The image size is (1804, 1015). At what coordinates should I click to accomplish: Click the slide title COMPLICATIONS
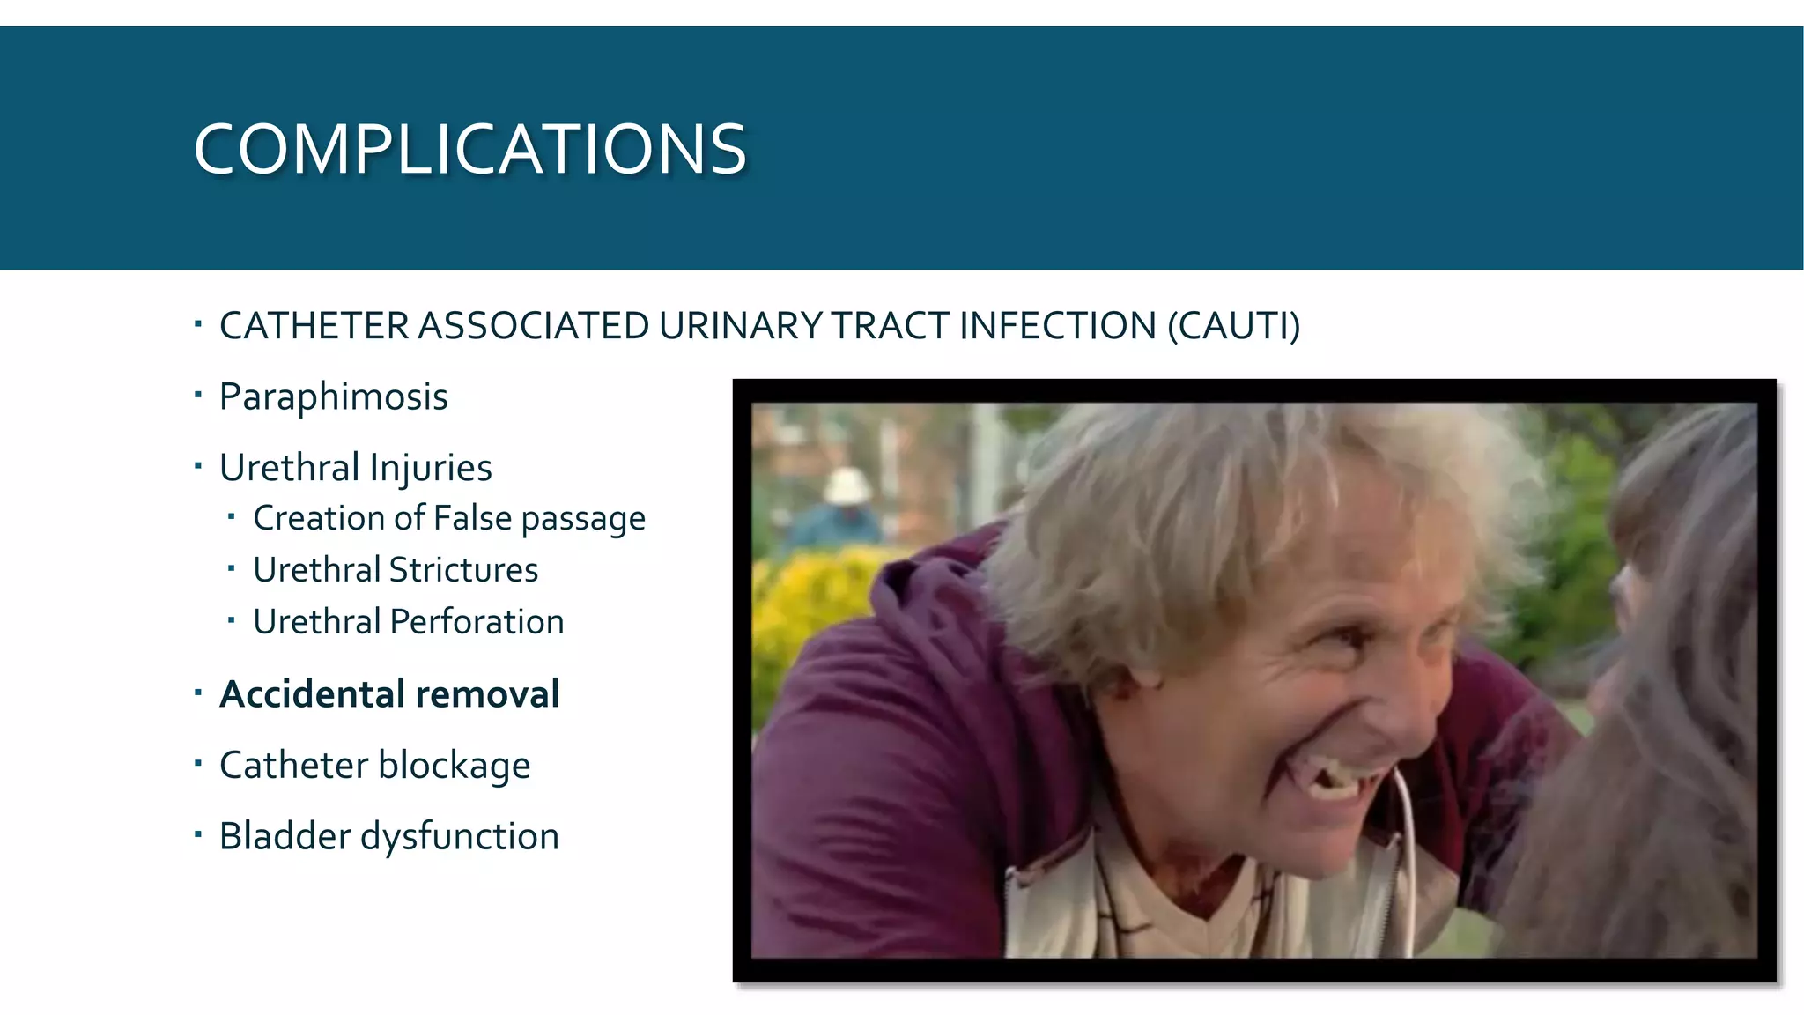coord(469,149)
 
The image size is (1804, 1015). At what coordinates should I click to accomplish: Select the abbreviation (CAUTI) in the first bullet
coord(1233,326)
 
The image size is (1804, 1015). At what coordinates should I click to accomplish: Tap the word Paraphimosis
coord(333,397)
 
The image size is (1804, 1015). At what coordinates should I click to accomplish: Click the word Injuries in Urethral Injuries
coord(431,468)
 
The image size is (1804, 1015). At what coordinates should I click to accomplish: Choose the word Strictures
coord(463,570)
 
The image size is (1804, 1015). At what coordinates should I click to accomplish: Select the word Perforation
coord(477,622)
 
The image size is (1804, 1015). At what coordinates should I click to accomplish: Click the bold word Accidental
coord(312,694)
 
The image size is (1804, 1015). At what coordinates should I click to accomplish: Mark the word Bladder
coord(285,836)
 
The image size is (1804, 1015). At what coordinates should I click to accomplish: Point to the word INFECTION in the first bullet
coord(1057,326)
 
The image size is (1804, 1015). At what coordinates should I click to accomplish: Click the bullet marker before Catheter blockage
coord(198,762)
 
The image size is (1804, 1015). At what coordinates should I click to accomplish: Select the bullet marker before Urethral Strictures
coord(231,568)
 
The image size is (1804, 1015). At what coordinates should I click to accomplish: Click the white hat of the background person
coord(846,485)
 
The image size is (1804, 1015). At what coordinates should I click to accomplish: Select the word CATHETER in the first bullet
coord(314,326)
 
